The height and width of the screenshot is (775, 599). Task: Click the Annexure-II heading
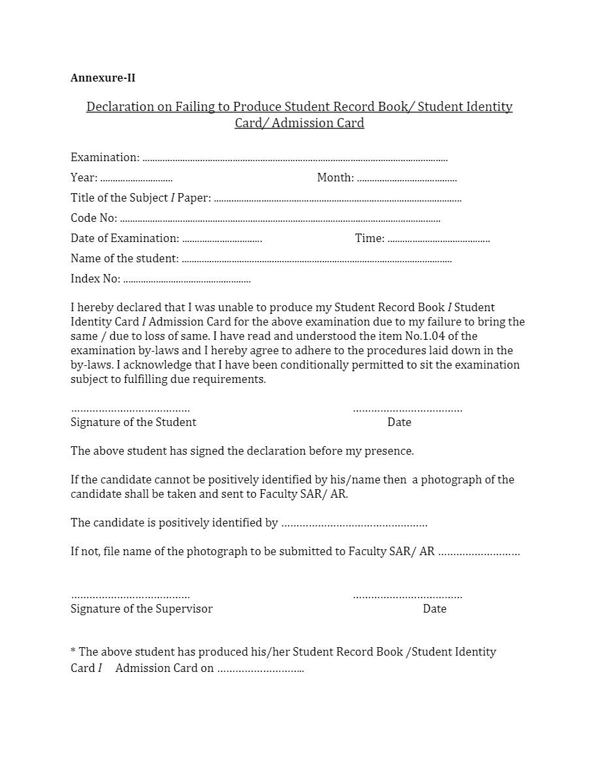pyautogui.click(x=103, y=78)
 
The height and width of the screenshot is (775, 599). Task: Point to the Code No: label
pyautogui.click(x=94, y=218)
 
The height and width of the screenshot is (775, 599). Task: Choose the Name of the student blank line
pyautogui.click(x=316, y=260)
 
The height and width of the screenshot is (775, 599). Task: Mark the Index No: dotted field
pyautogui.click(x=187, y=281)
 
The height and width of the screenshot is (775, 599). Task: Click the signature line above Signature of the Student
pyautogui.click(x=131, y=410)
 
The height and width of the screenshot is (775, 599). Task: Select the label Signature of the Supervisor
pyautogui.click(x=142, y=609)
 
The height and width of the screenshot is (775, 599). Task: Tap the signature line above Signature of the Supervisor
pyautogui.click(x=131, y=596)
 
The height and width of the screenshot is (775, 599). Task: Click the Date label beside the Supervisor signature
pyautogui.click(x=435, y=609)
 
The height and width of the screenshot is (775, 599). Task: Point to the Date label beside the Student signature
pyautogui.click(x=399, y=422)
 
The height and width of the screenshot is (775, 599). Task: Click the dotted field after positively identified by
pyautogui.click(x=354, y=524)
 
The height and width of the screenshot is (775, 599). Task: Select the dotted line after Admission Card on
pyautogui.click(x=260, y=669)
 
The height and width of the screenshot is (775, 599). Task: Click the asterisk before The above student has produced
pyautogui.click(x=73, y=650)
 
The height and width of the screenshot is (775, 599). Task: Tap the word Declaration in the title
pyautogui.click(x=119, y=106)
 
